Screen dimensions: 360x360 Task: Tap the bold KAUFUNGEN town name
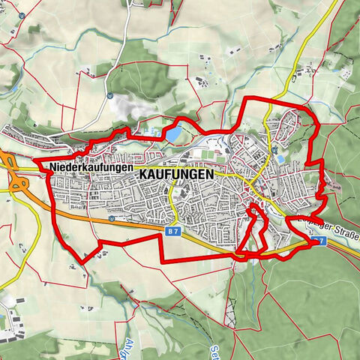(x=176, y=172)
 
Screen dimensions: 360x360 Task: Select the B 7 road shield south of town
(x=172, y=234)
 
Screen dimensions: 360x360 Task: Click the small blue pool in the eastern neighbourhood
(x=280, y=159)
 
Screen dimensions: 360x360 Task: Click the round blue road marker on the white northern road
(x=109, y=96)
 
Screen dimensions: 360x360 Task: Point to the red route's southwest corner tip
(x=82, y=260)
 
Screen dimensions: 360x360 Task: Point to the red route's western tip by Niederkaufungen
(x=35, y=160)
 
